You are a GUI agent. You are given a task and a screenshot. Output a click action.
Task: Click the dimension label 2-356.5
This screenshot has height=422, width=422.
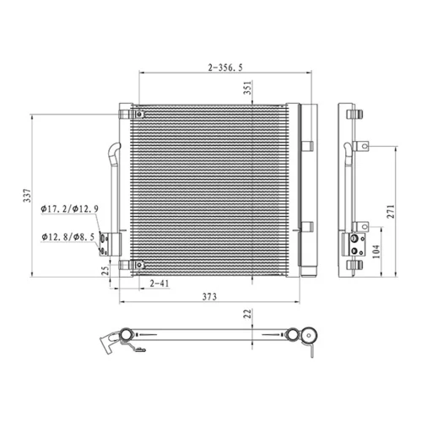click(225, 68)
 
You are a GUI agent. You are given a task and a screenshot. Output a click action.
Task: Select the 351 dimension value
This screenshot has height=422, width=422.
click(247, 88)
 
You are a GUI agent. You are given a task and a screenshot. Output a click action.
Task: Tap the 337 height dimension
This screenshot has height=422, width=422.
click(27, 196)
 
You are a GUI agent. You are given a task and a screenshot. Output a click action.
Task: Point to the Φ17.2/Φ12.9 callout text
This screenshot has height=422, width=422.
click(69, 209)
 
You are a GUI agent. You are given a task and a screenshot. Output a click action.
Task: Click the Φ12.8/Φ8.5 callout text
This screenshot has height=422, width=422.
click(68, 237)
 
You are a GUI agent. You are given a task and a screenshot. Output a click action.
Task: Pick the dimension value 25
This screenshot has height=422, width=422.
click(105, 271)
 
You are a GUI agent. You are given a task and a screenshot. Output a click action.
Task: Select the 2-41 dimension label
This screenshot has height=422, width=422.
click(160, 284)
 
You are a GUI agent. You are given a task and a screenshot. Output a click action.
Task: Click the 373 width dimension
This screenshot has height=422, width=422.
click(209, 297)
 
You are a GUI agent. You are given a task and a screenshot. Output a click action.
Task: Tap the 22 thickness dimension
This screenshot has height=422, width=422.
click(247, 314)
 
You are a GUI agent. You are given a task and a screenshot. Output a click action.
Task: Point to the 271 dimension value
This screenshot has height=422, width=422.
click(391, 212)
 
